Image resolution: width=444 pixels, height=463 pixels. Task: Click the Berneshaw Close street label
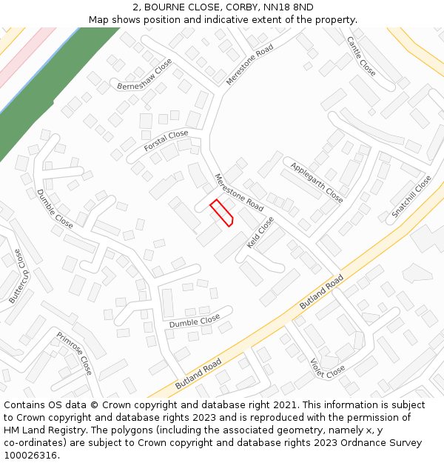[x=144, y=75]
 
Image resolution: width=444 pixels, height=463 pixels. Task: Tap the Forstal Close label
[x=166, y=141]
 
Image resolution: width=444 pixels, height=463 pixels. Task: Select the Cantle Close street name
[x=361, y=56]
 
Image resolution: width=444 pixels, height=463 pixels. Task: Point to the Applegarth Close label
[x=317, y=182]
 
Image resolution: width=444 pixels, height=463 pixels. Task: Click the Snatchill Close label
[x=411, y=196]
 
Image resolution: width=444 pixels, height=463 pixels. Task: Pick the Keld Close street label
[x=260, y=232]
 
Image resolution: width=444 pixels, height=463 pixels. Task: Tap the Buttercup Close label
[x=16, y=276]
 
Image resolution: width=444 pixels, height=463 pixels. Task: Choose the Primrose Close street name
[x=75, y=353]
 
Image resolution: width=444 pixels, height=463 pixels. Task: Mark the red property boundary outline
[x=222, y=213]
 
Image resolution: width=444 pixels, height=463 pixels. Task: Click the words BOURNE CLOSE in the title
[x=178, y=7]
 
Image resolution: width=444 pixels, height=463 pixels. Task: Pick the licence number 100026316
[x=31, y=456]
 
